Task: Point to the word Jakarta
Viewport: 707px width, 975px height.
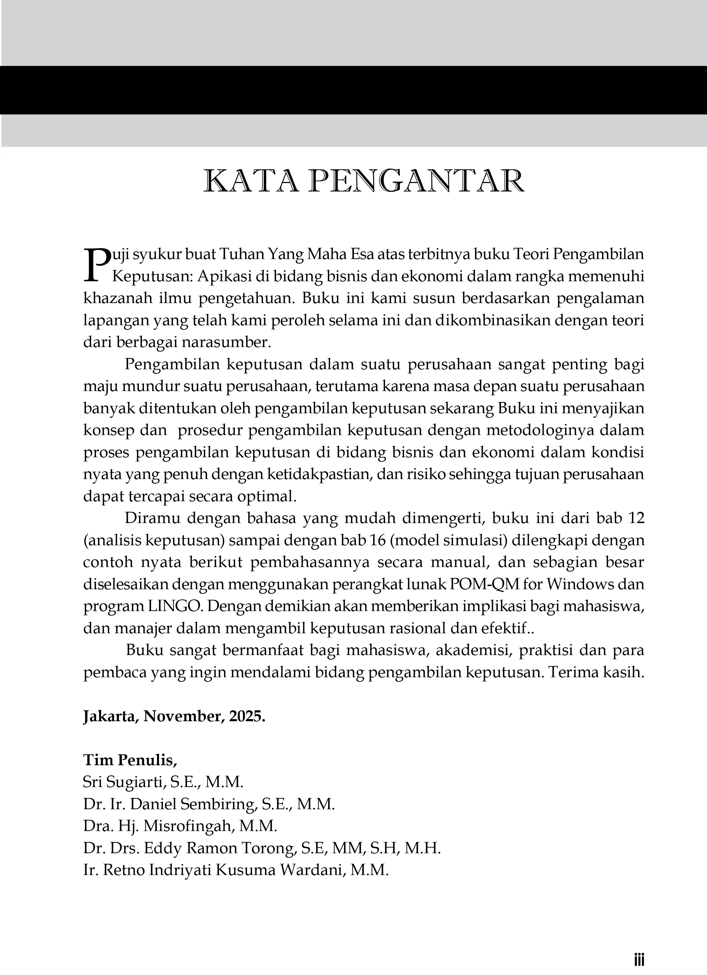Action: [111, 716]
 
